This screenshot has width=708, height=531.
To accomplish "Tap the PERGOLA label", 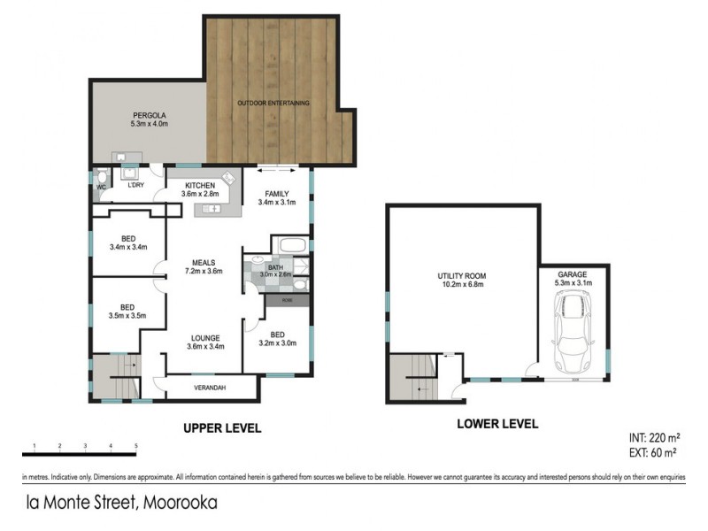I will click(x=150, y=116).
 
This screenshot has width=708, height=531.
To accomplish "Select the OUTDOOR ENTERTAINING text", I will click(x=273, y=104).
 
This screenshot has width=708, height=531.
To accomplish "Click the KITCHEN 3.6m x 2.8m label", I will click(x=201, y=189).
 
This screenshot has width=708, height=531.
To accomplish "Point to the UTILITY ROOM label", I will click(x=462, y=281).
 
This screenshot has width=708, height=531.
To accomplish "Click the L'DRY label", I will click(x=135, y=184).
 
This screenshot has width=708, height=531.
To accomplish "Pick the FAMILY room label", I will click(x=277, y=196).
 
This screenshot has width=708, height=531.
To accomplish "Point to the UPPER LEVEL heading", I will click(x=221, y=428).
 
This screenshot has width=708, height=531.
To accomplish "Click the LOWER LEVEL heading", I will click(x=496, y=424).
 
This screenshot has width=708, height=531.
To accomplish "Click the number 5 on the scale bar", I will click(x=135, y=445).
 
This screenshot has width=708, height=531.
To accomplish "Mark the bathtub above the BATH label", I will click(x=289, y=244).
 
